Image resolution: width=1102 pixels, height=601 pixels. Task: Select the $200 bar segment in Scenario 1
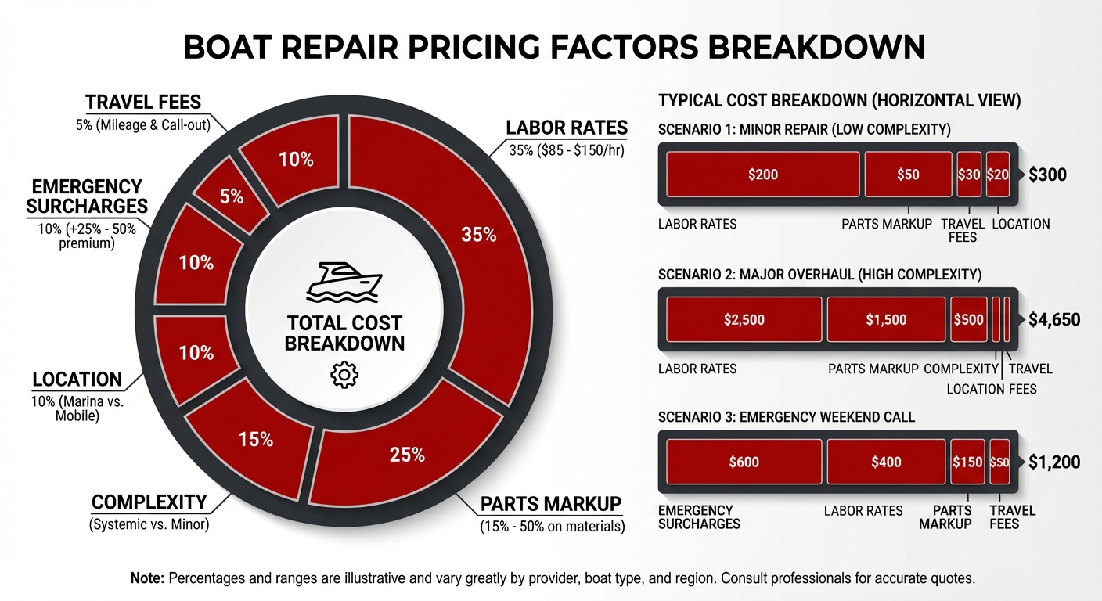(762, 175)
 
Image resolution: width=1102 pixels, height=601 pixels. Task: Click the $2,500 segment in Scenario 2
(744, 320)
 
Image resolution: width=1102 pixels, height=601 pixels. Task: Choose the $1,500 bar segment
(886, 320)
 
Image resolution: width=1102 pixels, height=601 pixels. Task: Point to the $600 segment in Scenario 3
(744, 462)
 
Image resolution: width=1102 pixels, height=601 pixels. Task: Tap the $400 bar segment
(886, 462)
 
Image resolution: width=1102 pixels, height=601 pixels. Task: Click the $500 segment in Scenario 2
(969, 320)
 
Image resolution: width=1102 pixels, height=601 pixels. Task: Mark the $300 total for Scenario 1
(1047, 175)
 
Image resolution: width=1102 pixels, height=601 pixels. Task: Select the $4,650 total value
(1053, 319)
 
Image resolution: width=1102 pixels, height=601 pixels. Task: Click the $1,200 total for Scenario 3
(1053, 462)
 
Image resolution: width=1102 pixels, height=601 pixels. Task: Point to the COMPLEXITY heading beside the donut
(149, 502)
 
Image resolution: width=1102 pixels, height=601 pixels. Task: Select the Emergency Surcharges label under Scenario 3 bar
(698, 517)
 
